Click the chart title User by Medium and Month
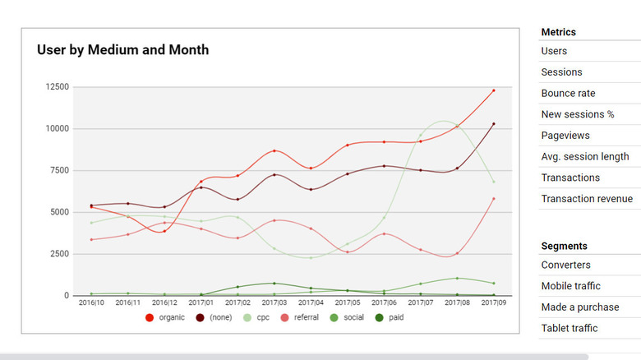pos(122,50)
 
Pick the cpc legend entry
pos(261,317)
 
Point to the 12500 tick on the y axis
pos(57,86)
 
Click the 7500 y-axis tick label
pos(59,170)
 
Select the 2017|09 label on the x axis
pos(493,303)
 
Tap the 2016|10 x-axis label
pos(91,303)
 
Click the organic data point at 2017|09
pos(493,90)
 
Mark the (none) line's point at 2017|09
pos(493,124)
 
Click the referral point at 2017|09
pos(493,198)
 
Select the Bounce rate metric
pos(568,93)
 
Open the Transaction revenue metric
pos(587,199)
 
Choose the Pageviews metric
pos(565,136)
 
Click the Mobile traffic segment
pos(570,286)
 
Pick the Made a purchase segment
pos(580,307)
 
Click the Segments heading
pos(564,246)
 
